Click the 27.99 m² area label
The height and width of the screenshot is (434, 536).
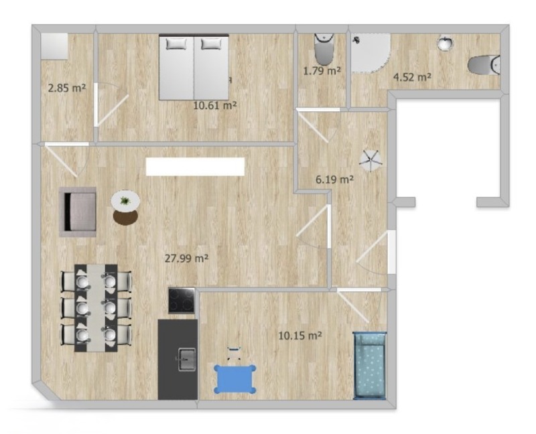(187, 259)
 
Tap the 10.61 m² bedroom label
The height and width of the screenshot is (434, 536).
(215, 105)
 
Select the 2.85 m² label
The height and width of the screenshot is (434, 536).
(66, 88)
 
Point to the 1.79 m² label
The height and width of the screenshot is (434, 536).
(322, 71)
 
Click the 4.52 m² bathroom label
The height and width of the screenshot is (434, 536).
(412, 77)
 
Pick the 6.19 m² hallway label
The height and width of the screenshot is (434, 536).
(334, 179)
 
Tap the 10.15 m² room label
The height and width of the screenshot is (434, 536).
(300, 336)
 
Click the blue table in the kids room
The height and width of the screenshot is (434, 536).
(235, 378)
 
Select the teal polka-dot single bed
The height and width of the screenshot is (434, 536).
(370, 365)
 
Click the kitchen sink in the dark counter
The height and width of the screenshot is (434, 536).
(187, 359)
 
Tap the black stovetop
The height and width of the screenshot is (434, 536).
(182, 300)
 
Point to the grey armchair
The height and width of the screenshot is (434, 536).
(78, 212)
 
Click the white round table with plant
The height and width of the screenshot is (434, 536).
(125, 201)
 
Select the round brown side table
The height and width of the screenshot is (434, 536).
(125, 218)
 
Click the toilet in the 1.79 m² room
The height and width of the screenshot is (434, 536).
(324, 48)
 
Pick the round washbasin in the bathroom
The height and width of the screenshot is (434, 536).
(446, 43)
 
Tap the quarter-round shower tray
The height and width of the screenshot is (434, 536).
(371, 53)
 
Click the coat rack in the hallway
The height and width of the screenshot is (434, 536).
(370, 160)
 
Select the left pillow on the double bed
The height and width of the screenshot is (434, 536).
(176, 44)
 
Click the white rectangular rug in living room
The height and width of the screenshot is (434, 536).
(195, 166)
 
